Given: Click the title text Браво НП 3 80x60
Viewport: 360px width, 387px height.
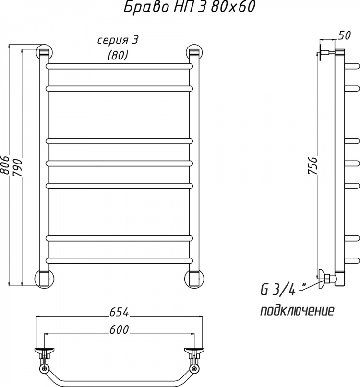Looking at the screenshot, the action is pyautogui.click(x=189, y=7).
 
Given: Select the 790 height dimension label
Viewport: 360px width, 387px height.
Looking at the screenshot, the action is pyautogui.click(x=18, y=167).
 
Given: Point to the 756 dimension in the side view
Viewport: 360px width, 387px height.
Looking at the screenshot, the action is pyautogui.click(x=312, y=165).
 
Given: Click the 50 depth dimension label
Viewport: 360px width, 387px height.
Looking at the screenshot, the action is pyautogui.click(x=344, y=35).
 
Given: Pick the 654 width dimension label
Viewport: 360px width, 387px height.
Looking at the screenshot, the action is pyautogui.click(x=119, y=312).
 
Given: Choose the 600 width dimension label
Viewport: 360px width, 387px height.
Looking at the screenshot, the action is pyautogui.click(x=119, y=330).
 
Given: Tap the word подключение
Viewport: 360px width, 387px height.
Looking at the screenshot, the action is pyautogui.click(x=297, y=310).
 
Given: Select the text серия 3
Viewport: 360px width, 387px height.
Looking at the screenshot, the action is pyautogui.click(x=118, y=40).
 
